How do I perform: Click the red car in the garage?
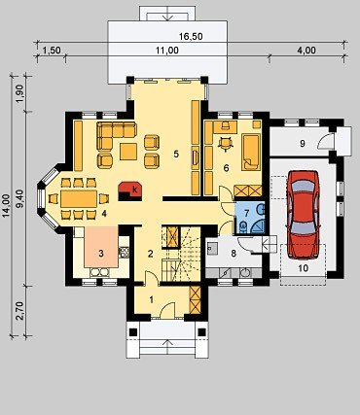304,215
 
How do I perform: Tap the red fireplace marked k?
130,191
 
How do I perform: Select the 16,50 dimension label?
191,37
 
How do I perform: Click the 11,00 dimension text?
166,51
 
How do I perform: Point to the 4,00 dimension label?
306,51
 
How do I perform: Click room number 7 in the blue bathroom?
246,213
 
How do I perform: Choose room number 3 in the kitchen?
101,254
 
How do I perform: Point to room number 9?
303,143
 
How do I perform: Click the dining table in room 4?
79,198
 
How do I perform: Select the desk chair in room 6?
226,144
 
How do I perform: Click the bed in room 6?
251,152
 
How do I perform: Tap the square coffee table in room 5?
128,152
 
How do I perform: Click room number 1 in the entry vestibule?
151,300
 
